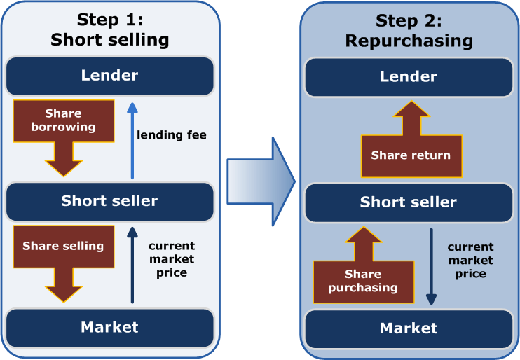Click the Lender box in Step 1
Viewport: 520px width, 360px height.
pyautogui.click(x=109, y=76)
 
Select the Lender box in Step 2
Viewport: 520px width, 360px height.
pyautogui.click(x=409, y=76)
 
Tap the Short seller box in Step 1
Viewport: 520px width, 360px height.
pyautogui.click(x=109, y=201)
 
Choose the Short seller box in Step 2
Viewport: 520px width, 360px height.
pyautogui.click(x=409, y=202)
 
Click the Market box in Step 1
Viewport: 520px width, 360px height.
pyautogui.click(x=109, y=326)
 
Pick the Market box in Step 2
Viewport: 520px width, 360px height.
pyautogui.click(x=409, y=328)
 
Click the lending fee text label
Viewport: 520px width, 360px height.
pyautogui.click(x=172, y=134)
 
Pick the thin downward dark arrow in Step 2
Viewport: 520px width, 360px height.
pyautogui.click(x=432, y=266)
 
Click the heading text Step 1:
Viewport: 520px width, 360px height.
pyautogui.click(x=109, y=19)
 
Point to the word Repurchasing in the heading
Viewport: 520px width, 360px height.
pyautogui.click(x=409, y=41)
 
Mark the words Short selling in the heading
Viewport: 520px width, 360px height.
pyautogui.click(x=109, y=39)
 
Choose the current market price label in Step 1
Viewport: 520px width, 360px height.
pyautogui.click(x=171, y=259)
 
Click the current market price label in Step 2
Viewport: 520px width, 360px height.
pyautogui.click(x=470, y=260)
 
